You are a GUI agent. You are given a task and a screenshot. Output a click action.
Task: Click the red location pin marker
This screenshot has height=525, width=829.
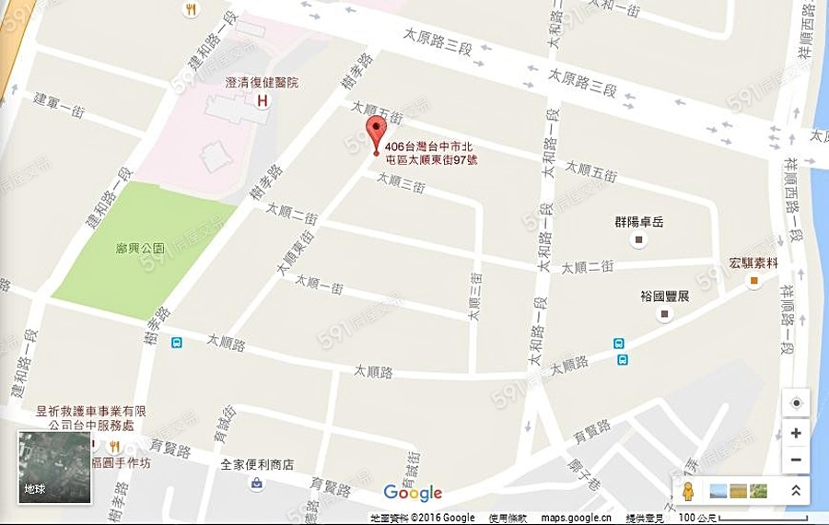coord(374,133)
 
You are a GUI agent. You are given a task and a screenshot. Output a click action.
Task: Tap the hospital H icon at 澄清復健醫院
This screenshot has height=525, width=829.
coord(263,100)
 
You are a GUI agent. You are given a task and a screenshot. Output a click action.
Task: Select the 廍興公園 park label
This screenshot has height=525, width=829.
coord(141,248)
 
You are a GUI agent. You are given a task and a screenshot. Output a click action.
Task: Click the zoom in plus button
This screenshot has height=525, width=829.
coord(796,433)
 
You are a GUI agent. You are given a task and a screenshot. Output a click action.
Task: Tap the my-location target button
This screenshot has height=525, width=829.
coord(796,404)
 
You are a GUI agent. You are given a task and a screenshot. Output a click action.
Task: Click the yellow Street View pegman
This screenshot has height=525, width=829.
coord(687,491)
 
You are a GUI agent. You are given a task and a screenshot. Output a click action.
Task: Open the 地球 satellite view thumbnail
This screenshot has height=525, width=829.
coord(55,468)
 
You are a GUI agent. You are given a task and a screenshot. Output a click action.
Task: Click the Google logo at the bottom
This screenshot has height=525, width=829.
coord(413,493)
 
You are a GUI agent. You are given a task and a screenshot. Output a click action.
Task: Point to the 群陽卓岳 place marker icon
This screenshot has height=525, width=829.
coord(639,240)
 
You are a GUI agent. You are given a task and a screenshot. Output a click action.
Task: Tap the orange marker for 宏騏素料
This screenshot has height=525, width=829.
coord(754,280)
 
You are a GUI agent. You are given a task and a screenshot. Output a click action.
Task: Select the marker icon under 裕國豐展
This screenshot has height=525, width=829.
coord(665,315)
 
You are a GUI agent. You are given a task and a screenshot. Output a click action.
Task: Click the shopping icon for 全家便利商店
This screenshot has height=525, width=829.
coord(256,483)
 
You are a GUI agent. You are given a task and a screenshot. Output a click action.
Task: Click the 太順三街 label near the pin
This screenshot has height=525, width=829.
coord(401,182)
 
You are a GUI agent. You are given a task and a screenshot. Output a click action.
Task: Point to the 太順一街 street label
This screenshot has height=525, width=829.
coord(319,285)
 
